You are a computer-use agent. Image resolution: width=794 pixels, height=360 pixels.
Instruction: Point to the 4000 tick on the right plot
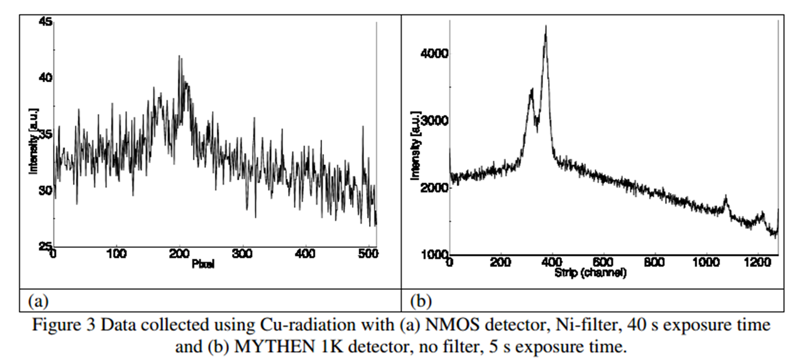[434, 54]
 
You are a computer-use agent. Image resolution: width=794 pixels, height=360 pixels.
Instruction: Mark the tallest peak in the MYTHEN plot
[546, 27]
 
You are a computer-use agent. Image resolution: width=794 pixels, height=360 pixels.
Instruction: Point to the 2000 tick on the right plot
[434, 188]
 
